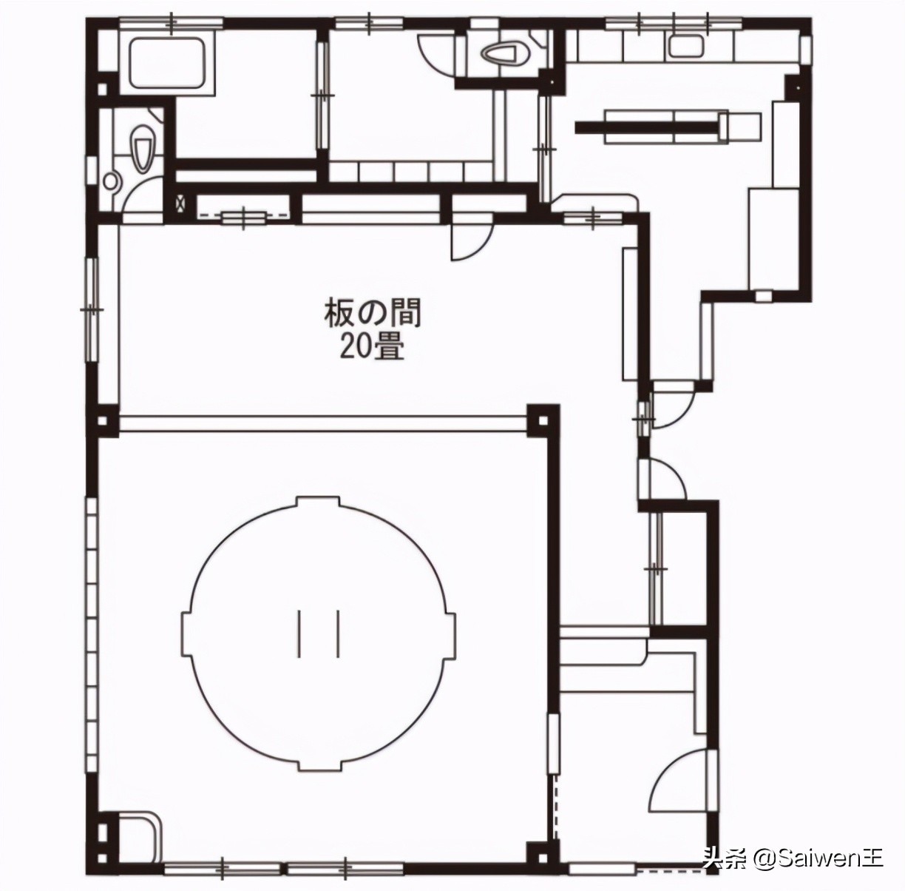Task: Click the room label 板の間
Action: (373, 314)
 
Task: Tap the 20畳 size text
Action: (373, 349)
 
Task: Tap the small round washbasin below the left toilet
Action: (112, 181)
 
